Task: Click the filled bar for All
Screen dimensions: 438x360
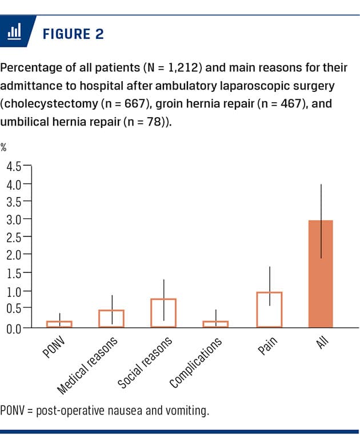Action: (320, 274)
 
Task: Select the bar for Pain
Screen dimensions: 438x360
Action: (269, 310)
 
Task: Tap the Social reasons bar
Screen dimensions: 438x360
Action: (163, 313)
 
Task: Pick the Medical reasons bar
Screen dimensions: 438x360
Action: (111, 319)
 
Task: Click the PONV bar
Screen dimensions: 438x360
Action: (59, 324)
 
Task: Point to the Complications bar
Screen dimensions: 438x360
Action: (215, 324)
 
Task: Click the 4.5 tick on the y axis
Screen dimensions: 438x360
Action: (14, 167)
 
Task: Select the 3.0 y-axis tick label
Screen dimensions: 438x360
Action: (14, 219)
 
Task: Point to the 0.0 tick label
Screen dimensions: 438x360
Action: (14, 328)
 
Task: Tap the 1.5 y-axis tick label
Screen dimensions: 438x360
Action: (14, 273)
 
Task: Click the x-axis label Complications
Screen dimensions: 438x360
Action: (196, 362)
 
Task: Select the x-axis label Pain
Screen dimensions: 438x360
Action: (267, 346)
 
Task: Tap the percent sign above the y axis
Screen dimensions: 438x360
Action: (4, 147)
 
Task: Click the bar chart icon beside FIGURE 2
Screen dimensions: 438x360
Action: (14, 33)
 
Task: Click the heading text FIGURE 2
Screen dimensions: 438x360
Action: (73, 34)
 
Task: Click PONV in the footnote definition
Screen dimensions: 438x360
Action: (13, 410)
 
